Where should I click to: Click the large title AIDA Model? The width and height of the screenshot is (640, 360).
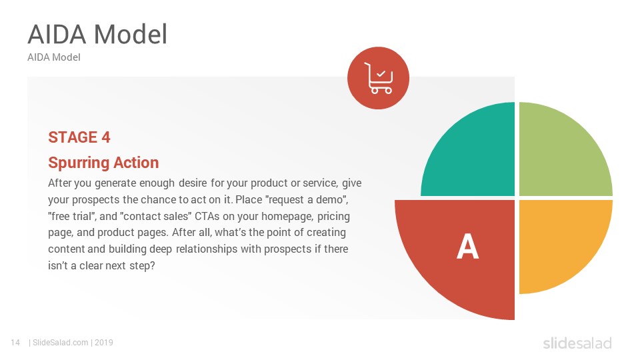pyautogui.click(x=97, y=34)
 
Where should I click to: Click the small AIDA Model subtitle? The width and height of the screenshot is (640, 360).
pyautogui.click(x=54, y=57)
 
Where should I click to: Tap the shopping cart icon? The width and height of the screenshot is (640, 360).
pyautogui.click(x=378, y=79)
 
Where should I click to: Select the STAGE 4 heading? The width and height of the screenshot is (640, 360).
pyautogui.click(x=79, y=137)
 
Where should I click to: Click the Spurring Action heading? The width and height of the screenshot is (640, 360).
pyautogui.click(x=103, y=163)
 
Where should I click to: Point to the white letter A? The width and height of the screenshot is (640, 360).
pyautogui.click(x=467, y=247)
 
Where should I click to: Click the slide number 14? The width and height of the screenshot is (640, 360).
pyautogui.click(x=15, y=343)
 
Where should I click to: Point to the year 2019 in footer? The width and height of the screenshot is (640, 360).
pyautogui.click(x=104, y=343)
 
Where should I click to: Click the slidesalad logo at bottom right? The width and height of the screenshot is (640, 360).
pyautogui.click(x=577, y=343)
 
